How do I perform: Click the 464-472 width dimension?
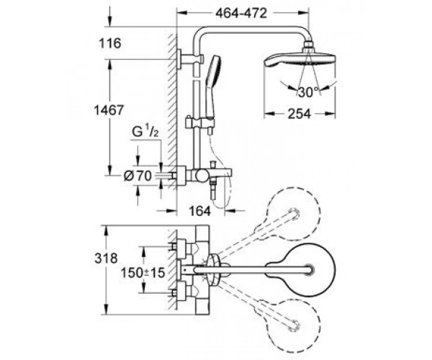click(x=241, y=13)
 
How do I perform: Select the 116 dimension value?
click(x=110, y=43)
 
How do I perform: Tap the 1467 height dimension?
click(x=109, y=110)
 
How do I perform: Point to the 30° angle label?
click(x=308, y=92)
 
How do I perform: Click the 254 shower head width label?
click(x=300, y=114)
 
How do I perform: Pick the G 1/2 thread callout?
click(x=145, y=132)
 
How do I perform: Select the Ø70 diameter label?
click(x=138, y=176)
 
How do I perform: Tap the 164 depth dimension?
click(x=199, y=211)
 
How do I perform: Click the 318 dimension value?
click(x=106, y=258)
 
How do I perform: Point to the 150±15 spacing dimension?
click(x=143, y=273)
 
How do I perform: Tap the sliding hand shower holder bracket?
click(x=199, y=123)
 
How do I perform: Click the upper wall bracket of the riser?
click(x=190, y=59)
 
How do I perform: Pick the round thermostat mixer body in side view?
click(x=201, y=175)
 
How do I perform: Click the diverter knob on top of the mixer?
click(x=212, y=164)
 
